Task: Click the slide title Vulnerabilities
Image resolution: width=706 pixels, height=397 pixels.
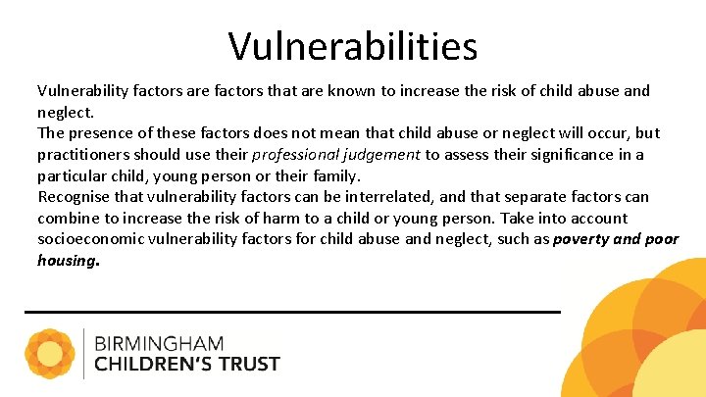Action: point(353,45)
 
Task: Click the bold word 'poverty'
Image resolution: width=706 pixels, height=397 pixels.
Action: point(580,240)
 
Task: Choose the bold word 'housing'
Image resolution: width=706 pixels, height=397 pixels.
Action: point(67,261)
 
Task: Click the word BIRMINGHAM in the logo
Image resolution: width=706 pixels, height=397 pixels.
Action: point(159,344)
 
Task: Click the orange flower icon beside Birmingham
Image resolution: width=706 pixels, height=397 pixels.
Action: point(50,354)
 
